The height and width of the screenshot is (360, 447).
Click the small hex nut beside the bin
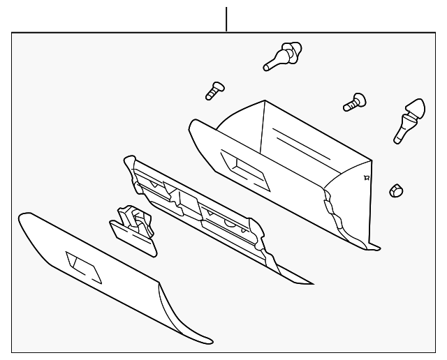pos(396,189)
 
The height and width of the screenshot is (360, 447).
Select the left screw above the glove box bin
pos(213,90)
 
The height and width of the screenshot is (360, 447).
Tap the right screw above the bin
pos(354,102)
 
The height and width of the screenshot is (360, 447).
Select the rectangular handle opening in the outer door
pos(84,267)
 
